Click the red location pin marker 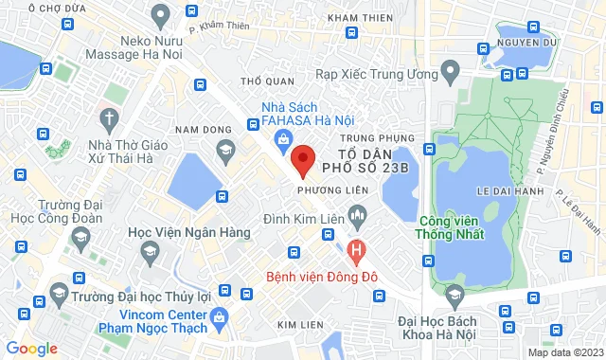[x=301, y=159]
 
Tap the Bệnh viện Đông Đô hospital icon [x=356, y=253]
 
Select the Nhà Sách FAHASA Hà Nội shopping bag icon [x=283, y=140]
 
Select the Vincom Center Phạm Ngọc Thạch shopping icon [x=221, y=316]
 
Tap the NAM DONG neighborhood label [x=198, y=129]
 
